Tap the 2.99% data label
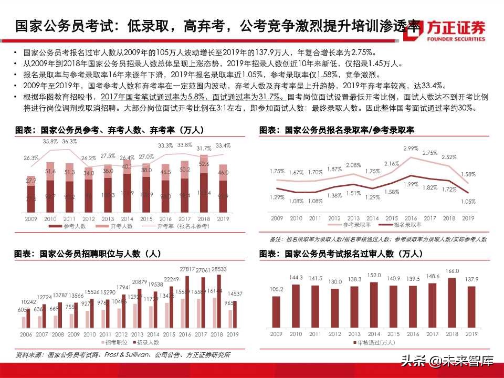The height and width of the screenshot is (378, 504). click(x=411, y=149)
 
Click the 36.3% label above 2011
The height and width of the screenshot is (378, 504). click(x=69, y=142)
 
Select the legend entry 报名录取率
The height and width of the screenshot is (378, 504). click(x=406, y=224)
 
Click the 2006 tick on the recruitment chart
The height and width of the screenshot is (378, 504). click(x=25, y=334)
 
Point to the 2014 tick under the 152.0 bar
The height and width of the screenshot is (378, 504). click(x=373, y=334)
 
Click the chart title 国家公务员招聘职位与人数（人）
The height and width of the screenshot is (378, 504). click(x=88, y=254)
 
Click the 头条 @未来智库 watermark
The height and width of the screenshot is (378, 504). click(x=447, y=361)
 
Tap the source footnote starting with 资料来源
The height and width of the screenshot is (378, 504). click(x=123, y=355)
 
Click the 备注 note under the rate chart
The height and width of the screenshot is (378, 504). click(x=378, y=239)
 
